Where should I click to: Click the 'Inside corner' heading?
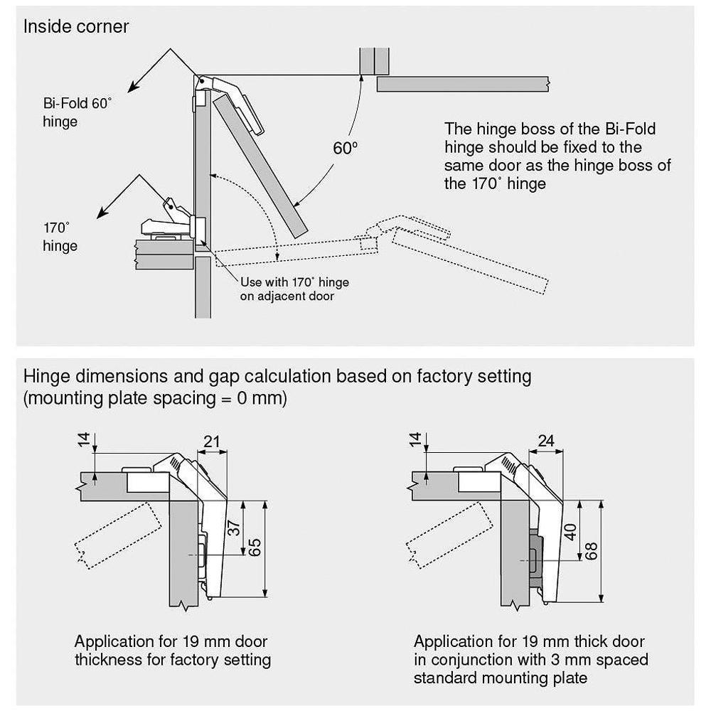[x=76, y=27]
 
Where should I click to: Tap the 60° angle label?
[x=346, y=148]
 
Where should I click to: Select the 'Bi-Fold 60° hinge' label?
[x=77, y=112]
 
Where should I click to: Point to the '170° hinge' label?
[x=60, y=237]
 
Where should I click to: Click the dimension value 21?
[x=212, y=442]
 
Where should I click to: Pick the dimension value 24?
[x=545, y=442]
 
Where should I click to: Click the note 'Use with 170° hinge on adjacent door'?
[x=294, y=289]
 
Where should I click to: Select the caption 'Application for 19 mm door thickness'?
[x=172, y=651]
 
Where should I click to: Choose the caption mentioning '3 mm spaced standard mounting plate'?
[x=530, y=659]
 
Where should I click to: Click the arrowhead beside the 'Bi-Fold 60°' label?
[x=132, y=89]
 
